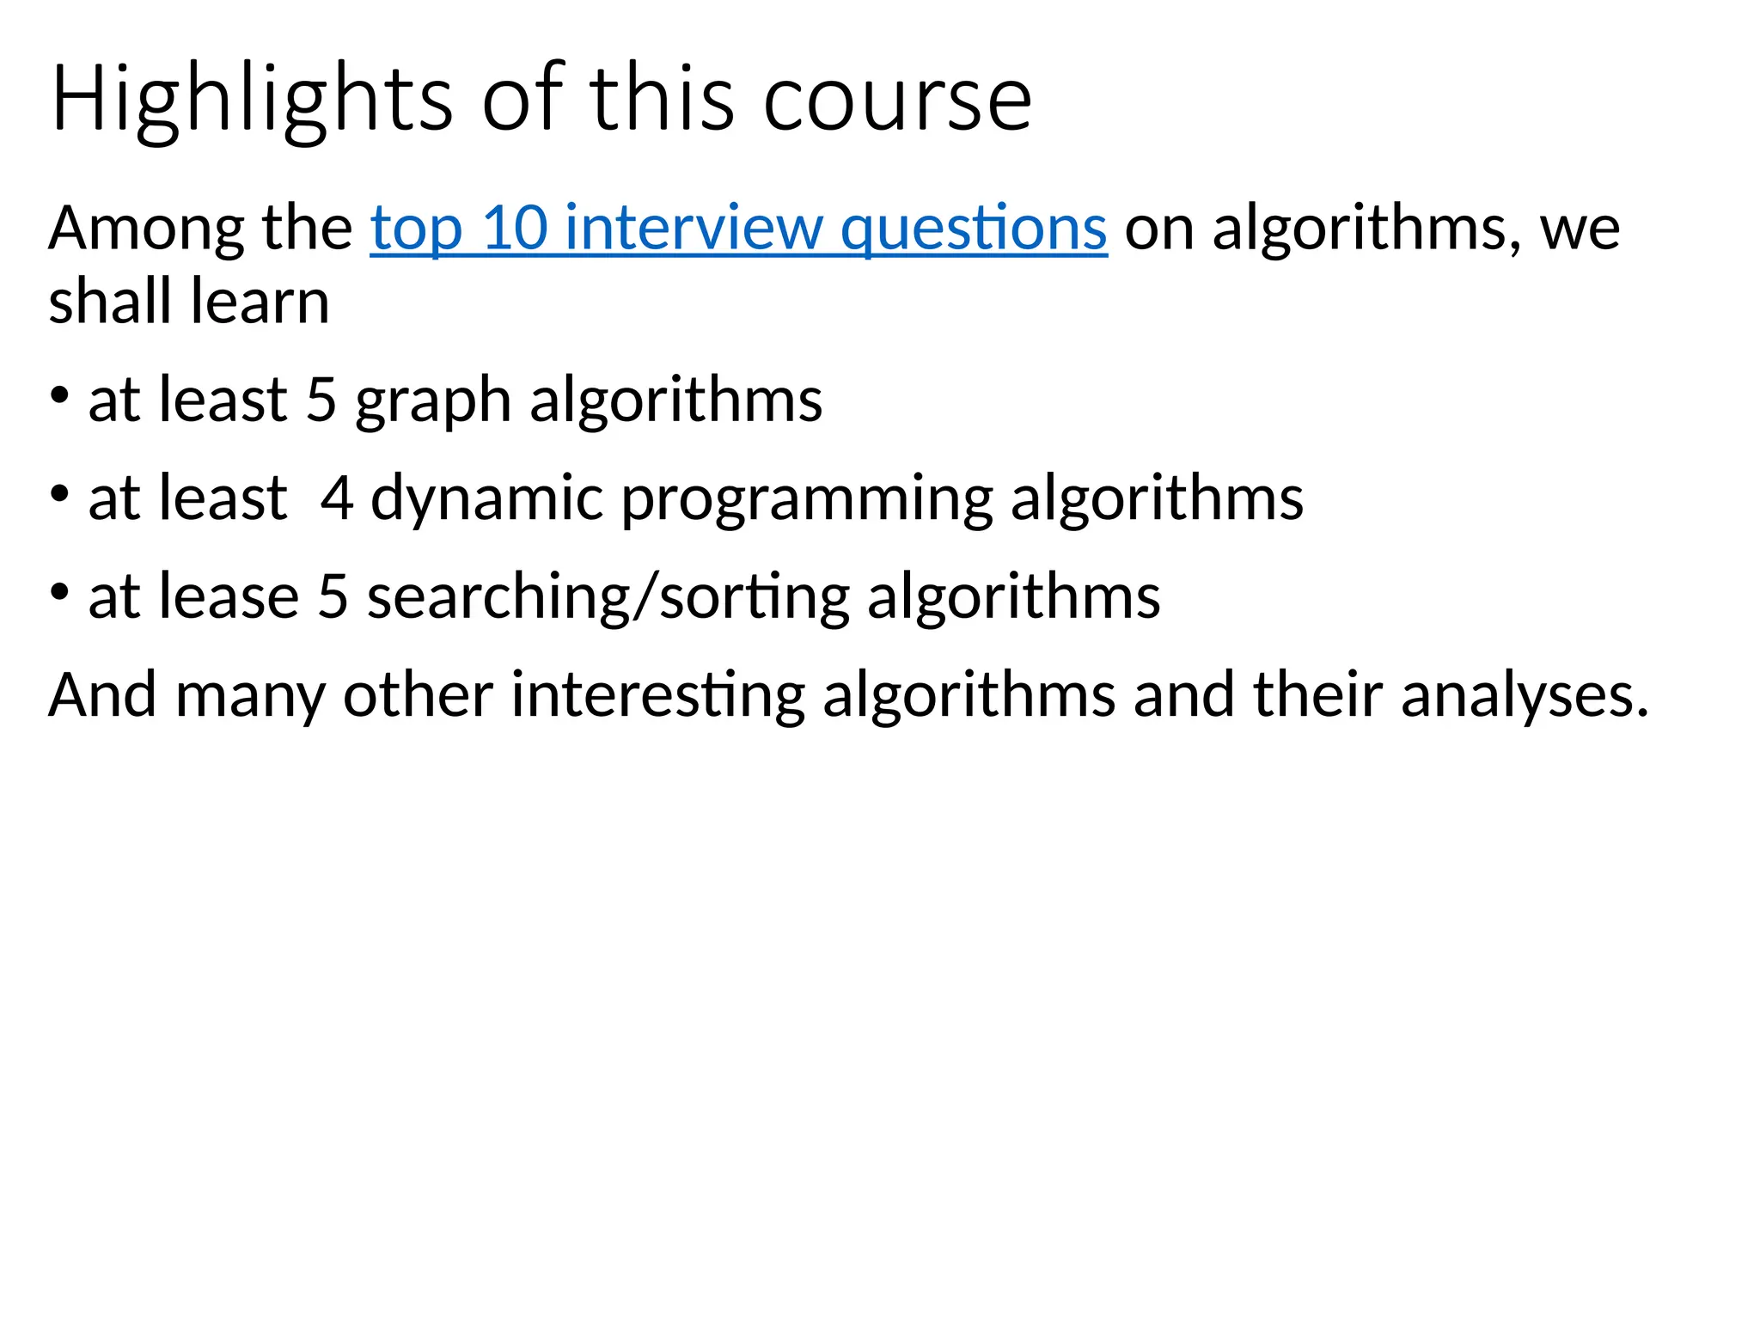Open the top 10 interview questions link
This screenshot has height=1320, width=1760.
click(x=738, y=229)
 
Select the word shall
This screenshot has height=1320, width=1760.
click(x=109, y=302)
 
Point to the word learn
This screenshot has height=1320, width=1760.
click(x=260, y=302)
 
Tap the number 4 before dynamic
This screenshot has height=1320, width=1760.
click(x=336, y=498)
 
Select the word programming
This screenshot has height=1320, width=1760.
click(x=807, y=498)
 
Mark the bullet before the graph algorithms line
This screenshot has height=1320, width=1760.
click(x=59, y=396)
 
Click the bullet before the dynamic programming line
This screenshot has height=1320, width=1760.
click(x=59, y=494)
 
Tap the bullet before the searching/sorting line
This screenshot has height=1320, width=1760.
click(x=59, y=592)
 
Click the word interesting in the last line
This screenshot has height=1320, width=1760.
click(x=657, y=694)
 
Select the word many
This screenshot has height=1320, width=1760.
click(x=250, y=694)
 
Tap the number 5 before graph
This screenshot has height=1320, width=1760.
click(x=321, y=400)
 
